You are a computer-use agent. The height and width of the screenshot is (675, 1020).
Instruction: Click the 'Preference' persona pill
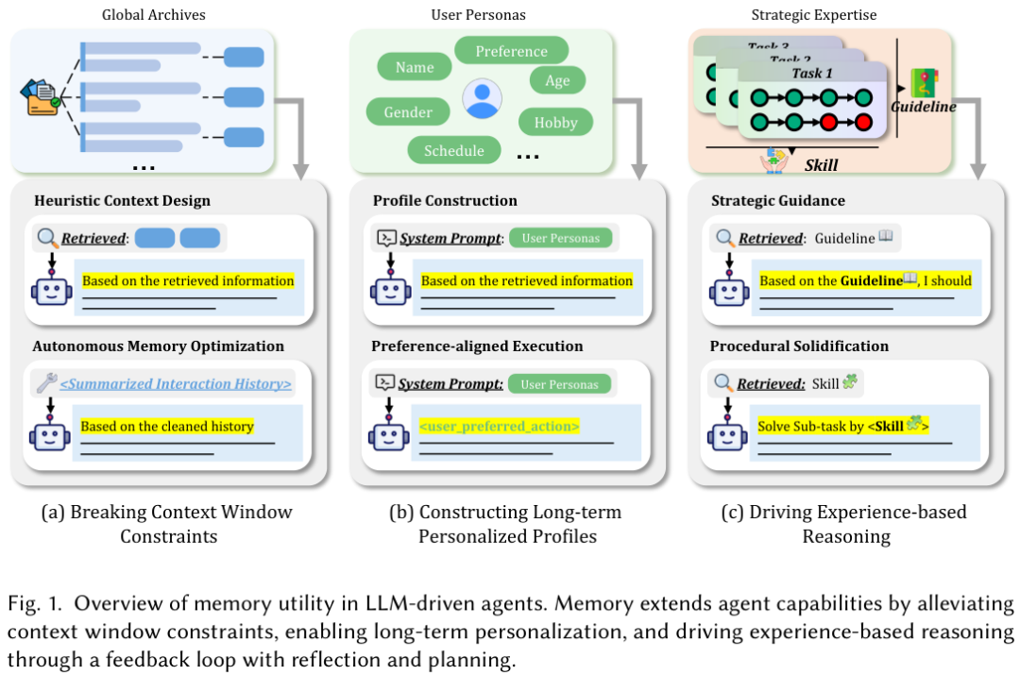[511, 51]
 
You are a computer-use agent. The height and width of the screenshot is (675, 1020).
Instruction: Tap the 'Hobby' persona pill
[555, 122]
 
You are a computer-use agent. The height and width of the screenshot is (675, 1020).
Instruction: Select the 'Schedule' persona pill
[453, 150]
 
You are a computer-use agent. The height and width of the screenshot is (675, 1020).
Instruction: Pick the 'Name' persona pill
[415, 67]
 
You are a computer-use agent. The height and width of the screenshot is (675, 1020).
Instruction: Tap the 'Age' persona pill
[557, 80]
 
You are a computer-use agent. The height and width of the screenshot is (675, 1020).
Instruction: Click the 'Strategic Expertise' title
[813, 14]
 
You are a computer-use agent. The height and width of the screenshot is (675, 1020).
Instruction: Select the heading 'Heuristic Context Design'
[122, 200]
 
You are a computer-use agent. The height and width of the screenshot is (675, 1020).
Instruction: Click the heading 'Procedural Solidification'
[799, 346]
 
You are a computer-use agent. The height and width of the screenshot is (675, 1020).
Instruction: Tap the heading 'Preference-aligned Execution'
[477, 346]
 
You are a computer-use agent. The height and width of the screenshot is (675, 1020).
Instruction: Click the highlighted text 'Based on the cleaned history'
[167, 426]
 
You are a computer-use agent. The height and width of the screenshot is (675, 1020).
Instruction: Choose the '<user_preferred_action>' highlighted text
[499, 426]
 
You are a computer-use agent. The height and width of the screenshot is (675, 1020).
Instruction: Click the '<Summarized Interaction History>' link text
[176, 383]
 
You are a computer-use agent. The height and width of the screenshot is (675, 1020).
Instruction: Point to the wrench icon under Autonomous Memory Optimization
[45, 382]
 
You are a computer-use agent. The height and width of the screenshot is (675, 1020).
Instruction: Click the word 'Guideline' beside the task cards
[923, 107]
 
